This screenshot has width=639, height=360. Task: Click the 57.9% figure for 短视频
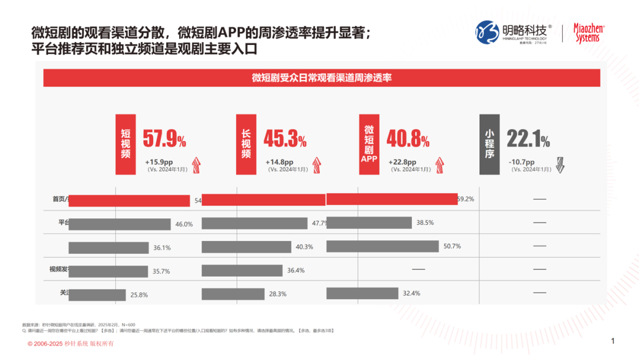tap(164, 140)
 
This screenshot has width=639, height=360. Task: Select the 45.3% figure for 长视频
tap(285, 140)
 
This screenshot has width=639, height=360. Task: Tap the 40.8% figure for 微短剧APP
tap(408, 140)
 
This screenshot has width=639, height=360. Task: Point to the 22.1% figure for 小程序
tap(528, 140)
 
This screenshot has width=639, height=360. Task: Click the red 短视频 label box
tap(125, 144)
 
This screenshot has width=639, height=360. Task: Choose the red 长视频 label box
tap(246, 144)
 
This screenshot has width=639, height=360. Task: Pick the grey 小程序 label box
tap(489, 144)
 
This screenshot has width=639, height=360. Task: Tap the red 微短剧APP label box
tap(369, 144)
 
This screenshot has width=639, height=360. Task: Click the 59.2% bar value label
tap(466, 200)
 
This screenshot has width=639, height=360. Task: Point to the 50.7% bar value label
tap(451, 246)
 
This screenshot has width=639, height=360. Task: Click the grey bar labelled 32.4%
tap(361, 293)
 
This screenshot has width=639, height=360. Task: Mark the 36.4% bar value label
tap(296, 271)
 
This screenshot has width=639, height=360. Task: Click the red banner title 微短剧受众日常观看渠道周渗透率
tap(322, 78)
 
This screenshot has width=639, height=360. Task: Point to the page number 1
tap(613, 340)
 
